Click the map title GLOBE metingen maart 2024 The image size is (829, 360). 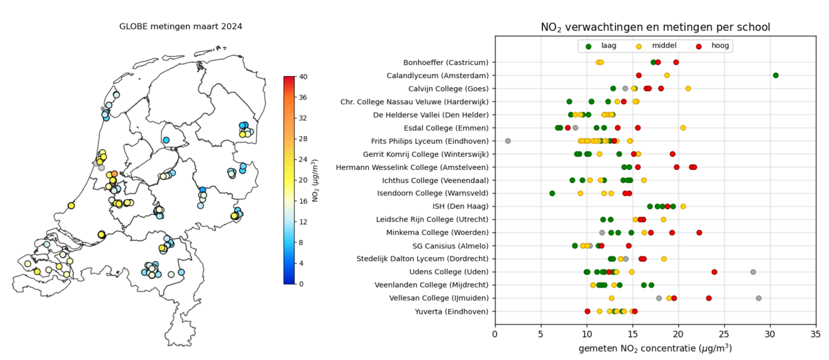180,26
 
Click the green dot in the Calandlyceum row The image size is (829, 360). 776,75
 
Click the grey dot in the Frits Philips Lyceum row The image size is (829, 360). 508,141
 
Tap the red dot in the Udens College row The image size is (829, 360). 714,272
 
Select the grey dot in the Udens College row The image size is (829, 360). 753,272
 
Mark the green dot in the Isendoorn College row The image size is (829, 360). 552,193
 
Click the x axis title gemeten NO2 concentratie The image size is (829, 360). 655,348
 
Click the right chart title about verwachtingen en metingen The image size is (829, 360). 655,27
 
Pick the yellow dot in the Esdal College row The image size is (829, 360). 683,128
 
